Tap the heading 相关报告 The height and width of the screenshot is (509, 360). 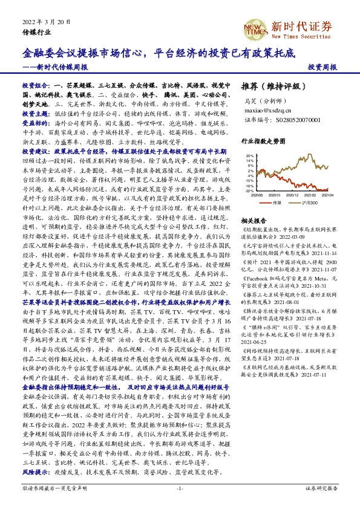click(252, 220)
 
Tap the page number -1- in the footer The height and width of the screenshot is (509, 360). click(179, 487)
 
